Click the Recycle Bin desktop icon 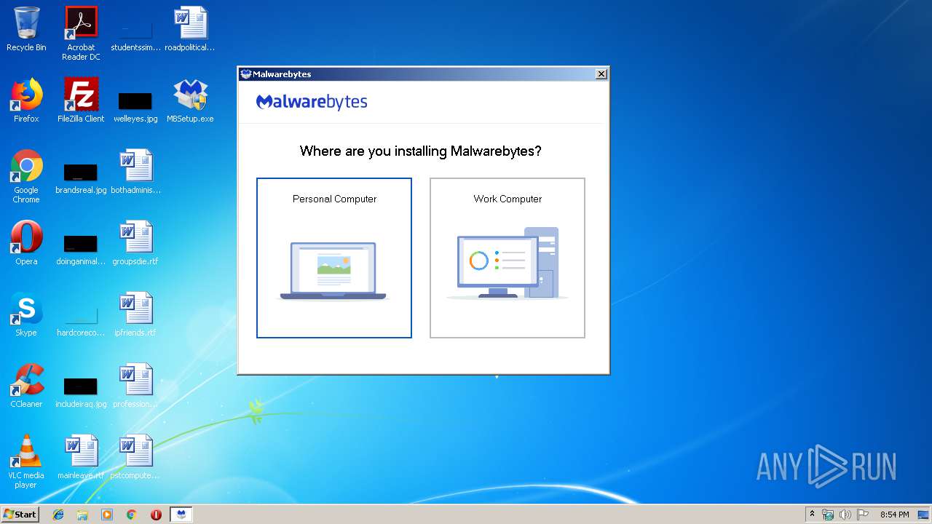tap(26, 24)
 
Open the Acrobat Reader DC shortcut tap(81, 24)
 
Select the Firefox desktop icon tap(26, 95)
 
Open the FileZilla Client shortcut tap(81, 95)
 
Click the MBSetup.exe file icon tap(190, 95)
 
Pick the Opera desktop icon tap(26, 237)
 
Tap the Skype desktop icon tap(26, 309)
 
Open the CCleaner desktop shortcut tap(26, 380)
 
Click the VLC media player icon tap(26, 451)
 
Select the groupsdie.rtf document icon tap(135, 237)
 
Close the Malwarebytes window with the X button tap(601, 74)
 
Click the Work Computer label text tap(508, 199)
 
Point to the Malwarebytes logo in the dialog tap(312, 102)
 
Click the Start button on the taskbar tap(20, 515)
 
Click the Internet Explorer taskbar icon tap(58, 515)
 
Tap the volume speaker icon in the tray tap(845, 515)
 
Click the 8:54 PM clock tap(894, 515)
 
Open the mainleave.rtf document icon tap(81, 451)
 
